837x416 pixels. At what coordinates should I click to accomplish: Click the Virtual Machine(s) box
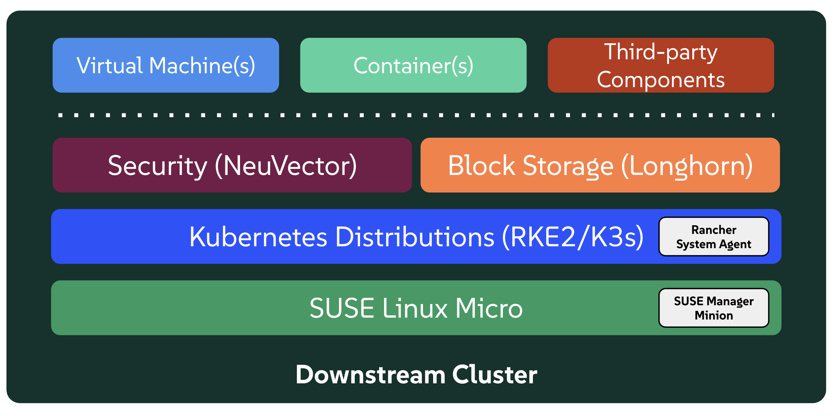click(x=166, y=65)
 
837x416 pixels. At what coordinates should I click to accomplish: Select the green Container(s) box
click(x=413, y=65)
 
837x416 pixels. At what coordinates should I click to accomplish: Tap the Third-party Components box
click(x=661, y=65)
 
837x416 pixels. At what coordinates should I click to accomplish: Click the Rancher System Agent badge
click(x=714, y=237)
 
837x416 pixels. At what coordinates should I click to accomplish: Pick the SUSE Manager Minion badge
click(x=714, y=308)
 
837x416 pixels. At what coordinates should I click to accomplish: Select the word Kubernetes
click(x=259, y=237)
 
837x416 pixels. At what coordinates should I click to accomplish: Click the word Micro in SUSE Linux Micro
click(x=489, y=308)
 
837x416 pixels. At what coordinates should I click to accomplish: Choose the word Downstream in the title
click(x=370, y=375)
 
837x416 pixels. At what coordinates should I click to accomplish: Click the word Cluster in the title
click(x=495, y=375)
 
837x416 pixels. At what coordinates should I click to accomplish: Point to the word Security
click(x=157, y=166)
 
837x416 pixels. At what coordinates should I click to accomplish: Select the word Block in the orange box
click(x=481, y=166)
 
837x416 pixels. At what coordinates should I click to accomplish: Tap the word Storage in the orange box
click(x=568, y=166)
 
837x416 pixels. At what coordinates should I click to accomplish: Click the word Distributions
click(x=415, y=237)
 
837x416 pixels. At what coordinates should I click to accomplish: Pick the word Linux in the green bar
click(x=415, y=308)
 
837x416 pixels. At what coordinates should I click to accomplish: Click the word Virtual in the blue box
click(x=109, y=66)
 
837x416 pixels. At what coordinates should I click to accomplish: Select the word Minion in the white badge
click(x=714, y=315)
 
